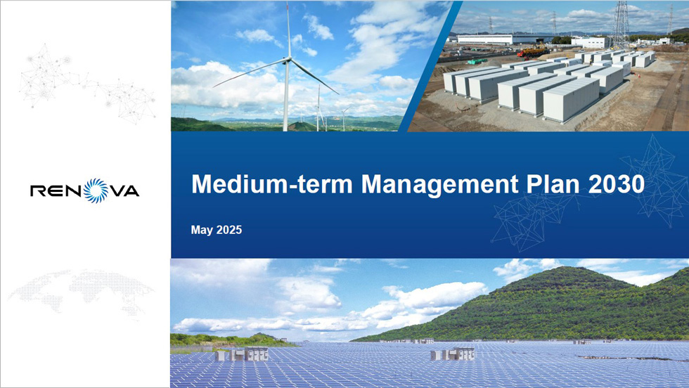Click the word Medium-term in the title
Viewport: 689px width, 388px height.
[272, 184]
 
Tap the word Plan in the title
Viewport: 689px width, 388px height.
[553, 184]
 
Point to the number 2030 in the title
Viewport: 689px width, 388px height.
[616, 184]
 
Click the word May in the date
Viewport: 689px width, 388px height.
[201, 231]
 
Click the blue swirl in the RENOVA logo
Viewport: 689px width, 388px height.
[96, 190]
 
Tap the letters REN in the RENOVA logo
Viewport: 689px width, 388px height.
[57, 190]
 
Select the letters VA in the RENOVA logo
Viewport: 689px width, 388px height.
[124, 190]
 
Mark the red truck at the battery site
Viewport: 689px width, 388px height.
[533, 52]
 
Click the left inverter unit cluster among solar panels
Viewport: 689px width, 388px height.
[243, 354]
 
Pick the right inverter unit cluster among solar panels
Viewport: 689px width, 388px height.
[453, 354]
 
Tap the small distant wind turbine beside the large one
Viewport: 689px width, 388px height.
[318, 108]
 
